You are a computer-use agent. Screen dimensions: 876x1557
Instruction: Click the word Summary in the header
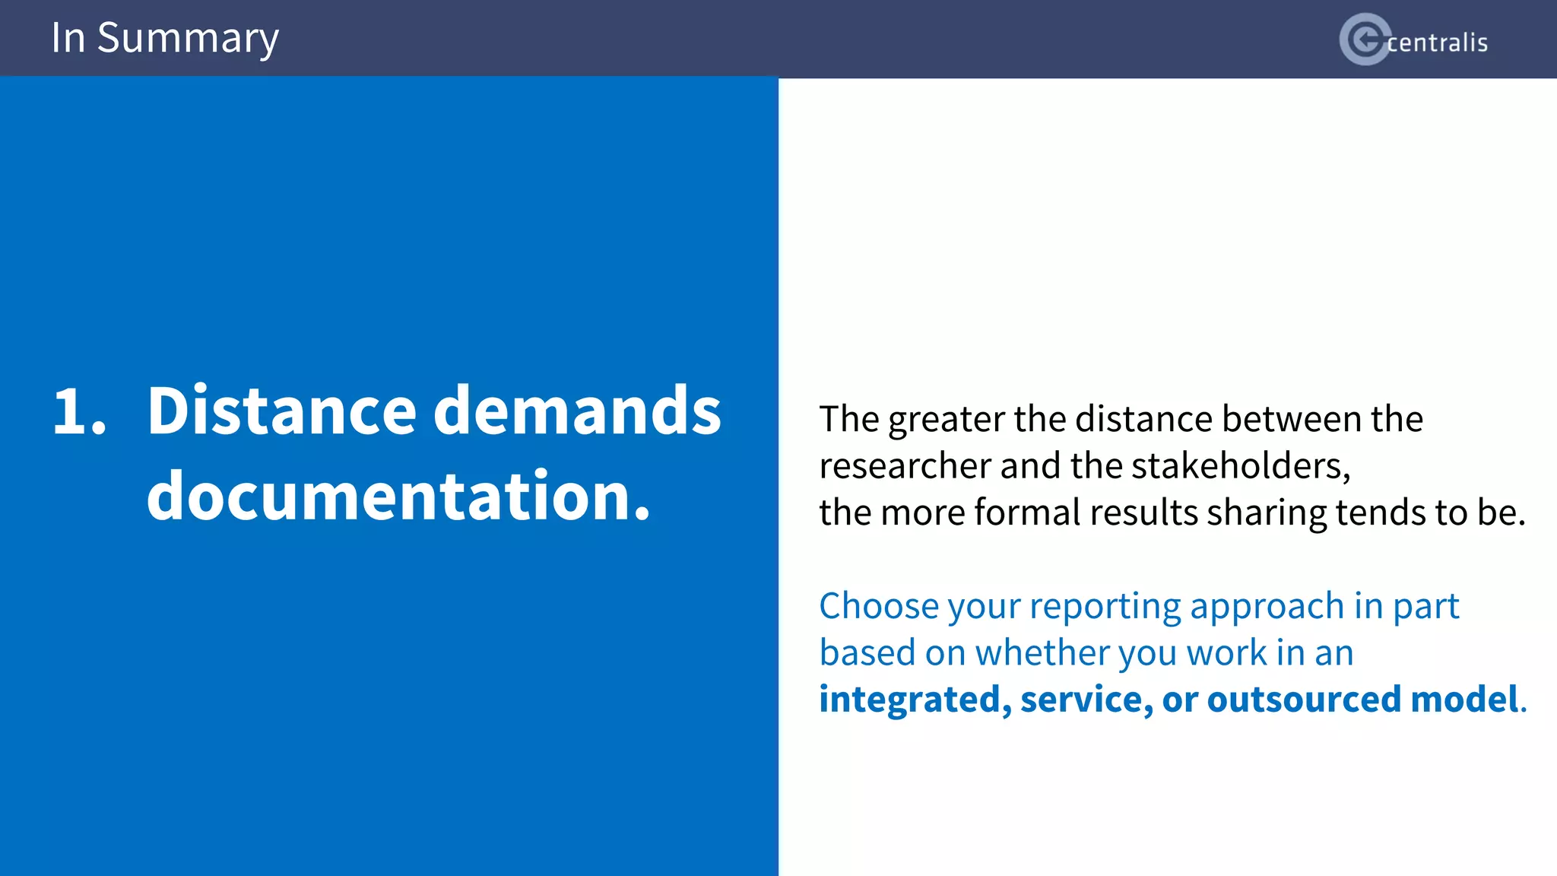tap(188, 38)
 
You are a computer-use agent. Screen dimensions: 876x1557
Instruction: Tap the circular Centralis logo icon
tap(1365, 40)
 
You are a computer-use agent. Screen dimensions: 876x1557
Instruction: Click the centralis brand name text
tap(1437, 43)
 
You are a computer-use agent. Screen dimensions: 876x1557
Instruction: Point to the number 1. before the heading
tap(79, 411)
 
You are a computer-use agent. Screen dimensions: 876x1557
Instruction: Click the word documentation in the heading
tap(398, 497)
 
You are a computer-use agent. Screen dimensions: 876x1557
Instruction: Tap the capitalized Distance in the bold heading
tap(282, 411)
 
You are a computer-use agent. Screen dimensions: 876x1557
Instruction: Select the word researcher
tap(905, 466)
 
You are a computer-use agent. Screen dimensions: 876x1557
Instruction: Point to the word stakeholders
tap(1241, 466)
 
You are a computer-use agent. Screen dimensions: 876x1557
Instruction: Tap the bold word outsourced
tap(1303, 700)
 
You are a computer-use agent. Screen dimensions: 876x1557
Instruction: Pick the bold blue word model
tap(1464, 700)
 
